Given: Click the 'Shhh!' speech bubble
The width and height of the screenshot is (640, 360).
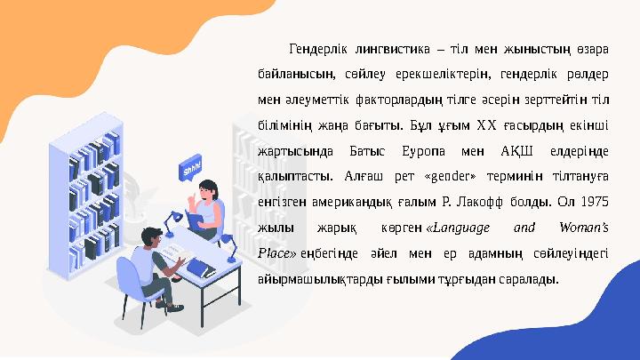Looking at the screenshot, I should (x=190, y=167).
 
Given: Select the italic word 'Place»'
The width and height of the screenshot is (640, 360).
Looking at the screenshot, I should (x=276, y=252).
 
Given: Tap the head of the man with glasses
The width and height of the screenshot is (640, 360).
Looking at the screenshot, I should (x=152, y=237).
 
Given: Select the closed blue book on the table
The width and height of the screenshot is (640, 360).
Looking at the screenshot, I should (x=198, y=268).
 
